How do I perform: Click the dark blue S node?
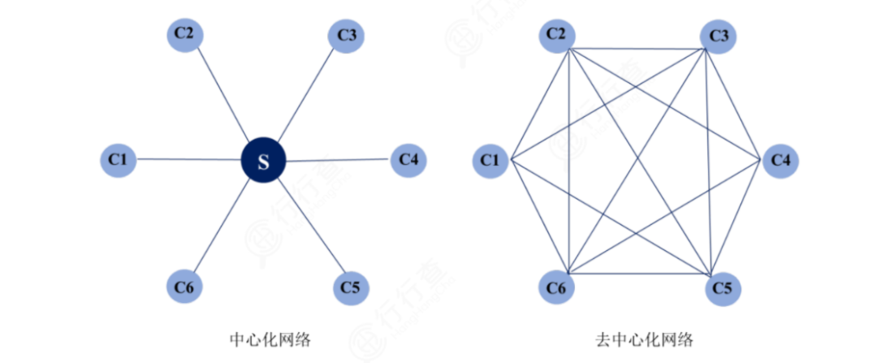pos(263,161)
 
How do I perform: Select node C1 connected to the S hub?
pos(118,159)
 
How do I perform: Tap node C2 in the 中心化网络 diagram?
pos(184,34)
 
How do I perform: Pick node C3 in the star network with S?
pos(347,36)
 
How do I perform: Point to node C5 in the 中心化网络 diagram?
pos(351,287)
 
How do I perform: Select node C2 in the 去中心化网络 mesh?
pos(557,34)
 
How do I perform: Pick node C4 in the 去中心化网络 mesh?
pos(780,160)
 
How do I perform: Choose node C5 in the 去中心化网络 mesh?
pos(723,287)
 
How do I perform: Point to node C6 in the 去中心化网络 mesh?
pos(557,287)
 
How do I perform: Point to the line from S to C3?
pos(305,97)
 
